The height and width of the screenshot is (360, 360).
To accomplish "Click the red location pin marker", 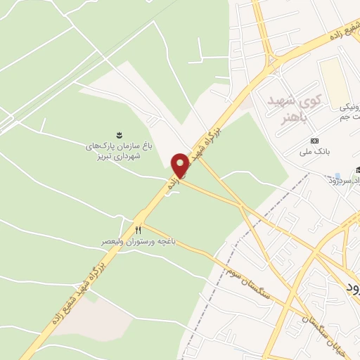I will point(181,163).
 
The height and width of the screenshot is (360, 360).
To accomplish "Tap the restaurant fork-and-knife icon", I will point(139,230).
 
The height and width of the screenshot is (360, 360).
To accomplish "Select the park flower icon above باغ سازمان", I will point(117,134).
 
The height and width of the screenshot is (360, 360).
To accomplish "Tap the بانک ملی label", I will point(314,150).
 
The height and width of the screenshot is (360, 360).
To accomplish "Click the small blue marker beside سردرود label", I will point(338,175).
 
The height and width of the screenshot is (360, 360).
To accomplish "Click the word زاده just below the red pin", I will point(172,184).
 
